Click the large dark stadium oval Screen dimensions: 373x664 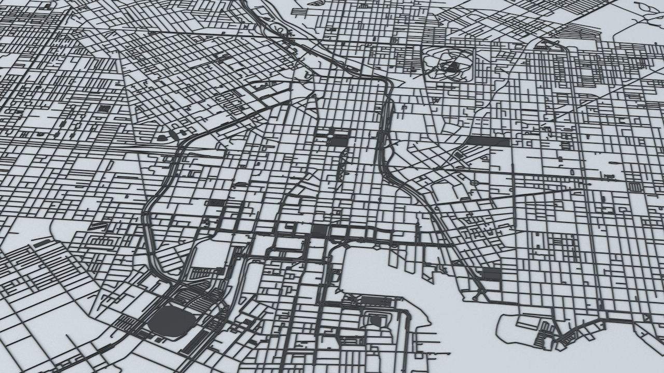point(171,319)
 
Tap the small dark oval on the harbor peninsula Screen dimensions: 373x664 point(375,320)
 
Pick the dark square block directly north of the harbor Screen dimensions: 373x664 point(320,231)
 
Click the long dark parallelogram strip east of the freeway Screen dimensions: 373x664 point(487,140)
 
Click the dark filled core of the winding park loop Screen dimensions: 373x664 point(452,66)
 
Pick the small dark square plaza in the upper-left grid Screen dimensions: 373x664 point(105,108)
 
